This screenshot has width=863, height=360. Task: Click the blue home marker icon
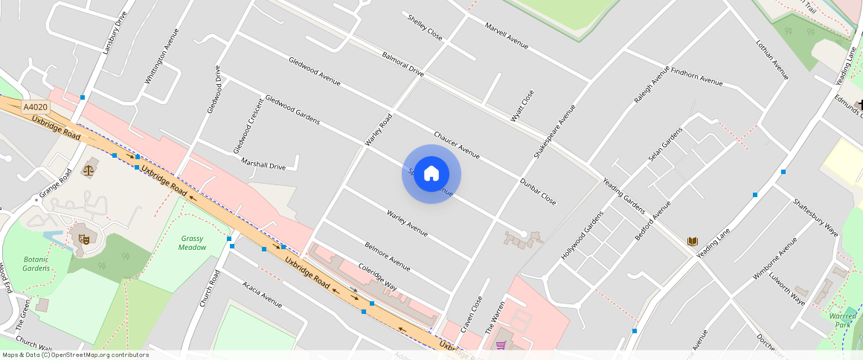pos(431,174)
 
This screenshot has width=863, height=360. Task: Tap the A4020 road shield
pos(35,107)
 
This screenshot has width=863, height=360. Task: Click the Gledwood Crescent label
pos(248,125)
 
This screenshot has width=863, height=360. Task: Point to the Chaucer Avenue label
pos(457,145)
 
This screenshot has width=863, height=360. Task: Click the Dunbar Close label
pos(538,191)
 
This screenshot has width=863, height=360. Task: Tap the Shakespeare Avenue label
pos(554,132)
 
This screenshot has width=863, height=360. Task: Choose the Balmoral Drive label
pos(402,64)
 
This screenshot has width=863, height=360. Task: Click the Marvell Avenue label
pos(506,36)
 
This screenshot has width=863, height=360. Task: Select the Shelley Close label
pos(425,27)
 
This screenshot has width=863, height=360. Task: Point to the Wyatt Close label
pos(522,106)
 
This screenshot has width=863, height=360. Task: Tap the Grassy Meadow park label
pos(192,242)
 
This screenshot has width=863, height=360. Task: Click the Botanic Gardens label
pos(36,263)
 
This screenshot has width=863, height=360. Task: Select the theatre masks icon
pos(83,240)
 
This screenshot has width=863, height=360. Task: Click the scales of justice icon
pos(90,169)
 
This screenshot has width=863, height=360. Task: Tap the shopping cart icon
pos(501,345)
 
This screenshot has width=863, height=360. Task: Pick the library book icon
pos(693,242)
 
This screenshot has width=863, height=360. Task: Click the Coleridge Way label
pos(378,276)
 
